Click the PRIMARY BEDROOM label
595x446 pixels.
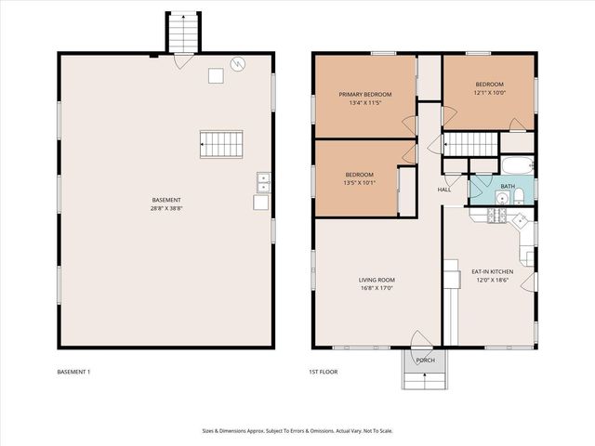(364, 94)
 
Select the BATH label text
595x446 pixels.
(507, 186)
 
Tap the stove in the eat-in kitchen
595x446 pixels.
(496, 216)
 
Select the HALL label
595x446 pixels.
(444, 190)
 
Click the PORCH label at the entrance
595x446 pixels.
(425, 361)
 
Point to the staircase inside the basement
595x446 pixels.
(220, 144)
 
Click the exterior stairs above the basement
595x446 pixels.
(183, 33)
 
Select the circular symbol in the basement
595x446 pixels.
(240, 64)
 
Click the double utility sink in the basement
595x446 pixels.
(263, 182)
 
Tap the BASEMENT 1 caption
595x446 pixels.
(73, 373)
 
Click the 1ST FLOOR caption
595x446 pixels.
(324, 373)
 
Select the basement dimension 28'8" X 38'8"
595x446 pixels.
(166, 209)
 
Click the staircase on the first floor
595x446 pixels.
(470, 145)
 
